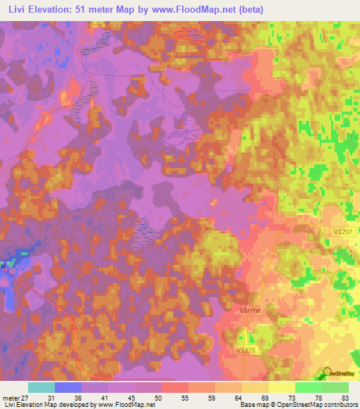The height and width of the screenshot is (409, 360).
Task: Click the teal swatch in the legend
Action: (x=41, y=387)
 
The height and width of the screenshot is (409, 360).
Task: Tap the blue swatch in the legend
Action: (x=67, y=387)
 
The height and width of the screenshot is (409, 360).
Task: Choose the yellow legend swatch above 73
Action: (x=281, y=387)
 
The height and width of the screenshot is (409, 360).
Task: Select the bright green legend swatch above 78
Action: (x=308, y=387)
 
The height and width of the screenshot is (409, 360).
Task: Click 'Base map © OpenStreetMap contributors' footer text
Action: (x=297, y=405)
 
